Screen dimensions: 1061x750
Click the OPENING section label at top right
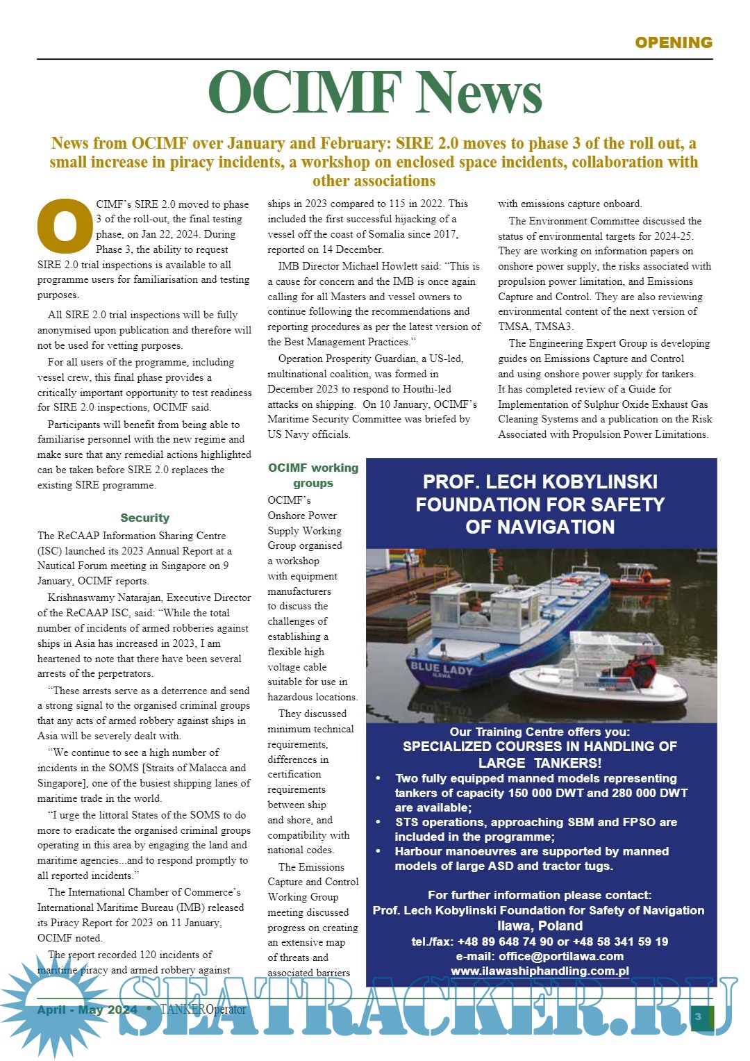point(673,42)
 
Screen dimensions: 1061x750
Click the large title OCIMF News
point(375,92)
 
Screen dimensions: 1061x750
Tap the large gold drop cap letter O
point(65,226)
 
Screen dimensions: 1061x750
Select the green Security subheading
point(144,518)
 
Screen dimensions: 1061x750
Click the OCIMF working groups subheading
point(313,475)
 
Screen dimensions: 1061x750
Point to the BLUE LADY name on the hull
point(441,668)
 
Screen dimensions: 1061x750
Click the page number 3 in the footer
point(698,1017)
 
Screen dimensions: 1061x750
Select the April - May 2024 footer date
point(87,1010)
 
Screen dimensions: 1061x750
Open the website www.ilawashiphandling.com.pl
point(540,971)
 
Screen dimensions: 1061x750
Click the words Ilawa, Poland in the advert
point(540,926)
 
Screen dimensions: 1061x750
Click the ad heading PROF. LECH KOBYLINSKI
point(540,482)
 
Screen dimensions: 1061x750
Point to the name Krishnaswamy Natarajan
point(104,598)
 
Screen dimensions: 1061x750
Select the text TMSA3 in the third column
point(553,327)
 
